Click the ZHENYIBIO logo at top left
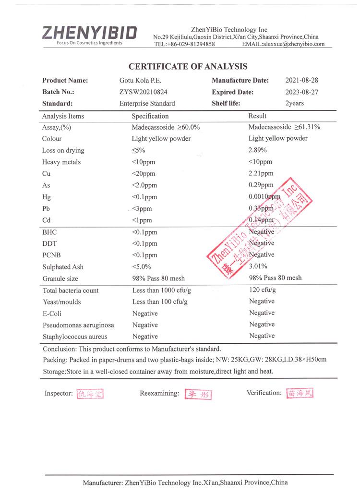pyautogui.click(x=89, y=33)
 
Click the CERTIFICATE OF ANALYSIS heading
pyautogui.click(x=188, y=67)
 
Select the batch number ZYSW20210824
pyautogui.click(x=144, y=92)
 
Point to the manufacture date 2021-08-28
pyautogui.click(x=301, y=80)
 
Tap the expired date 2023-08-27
pyautogui.click(x=301, y=92)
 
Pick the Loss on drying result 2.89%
pyautogui.click(x=258, y=150)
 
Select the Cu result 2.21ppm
pyautogui.click(x=261, y=173)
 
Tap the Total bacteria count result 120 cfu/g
pyautogui.click(x=263, y=290)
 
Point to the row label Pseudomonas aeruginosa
pyautogui.click(x=78, y=325)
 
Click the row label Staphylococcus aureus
pyautogui.click(x=75, y=337)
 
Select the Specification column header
pyautogui.click(x=150, y=116)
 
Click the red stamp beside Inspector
pyautogui.click(x=90, y=394)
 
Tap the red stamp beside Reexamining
pyautogui.click(x=198, y=394)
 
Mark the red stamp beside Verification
pyautogui.click(x=300, y=393)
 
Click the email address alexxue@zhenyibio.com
pyautogui.click(x=293, y=44)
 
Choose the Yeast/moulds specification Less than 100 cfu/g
pyautogui.click(x=160, y=302)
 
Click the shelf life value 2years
pyautogui.click(x=295, y=103)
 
